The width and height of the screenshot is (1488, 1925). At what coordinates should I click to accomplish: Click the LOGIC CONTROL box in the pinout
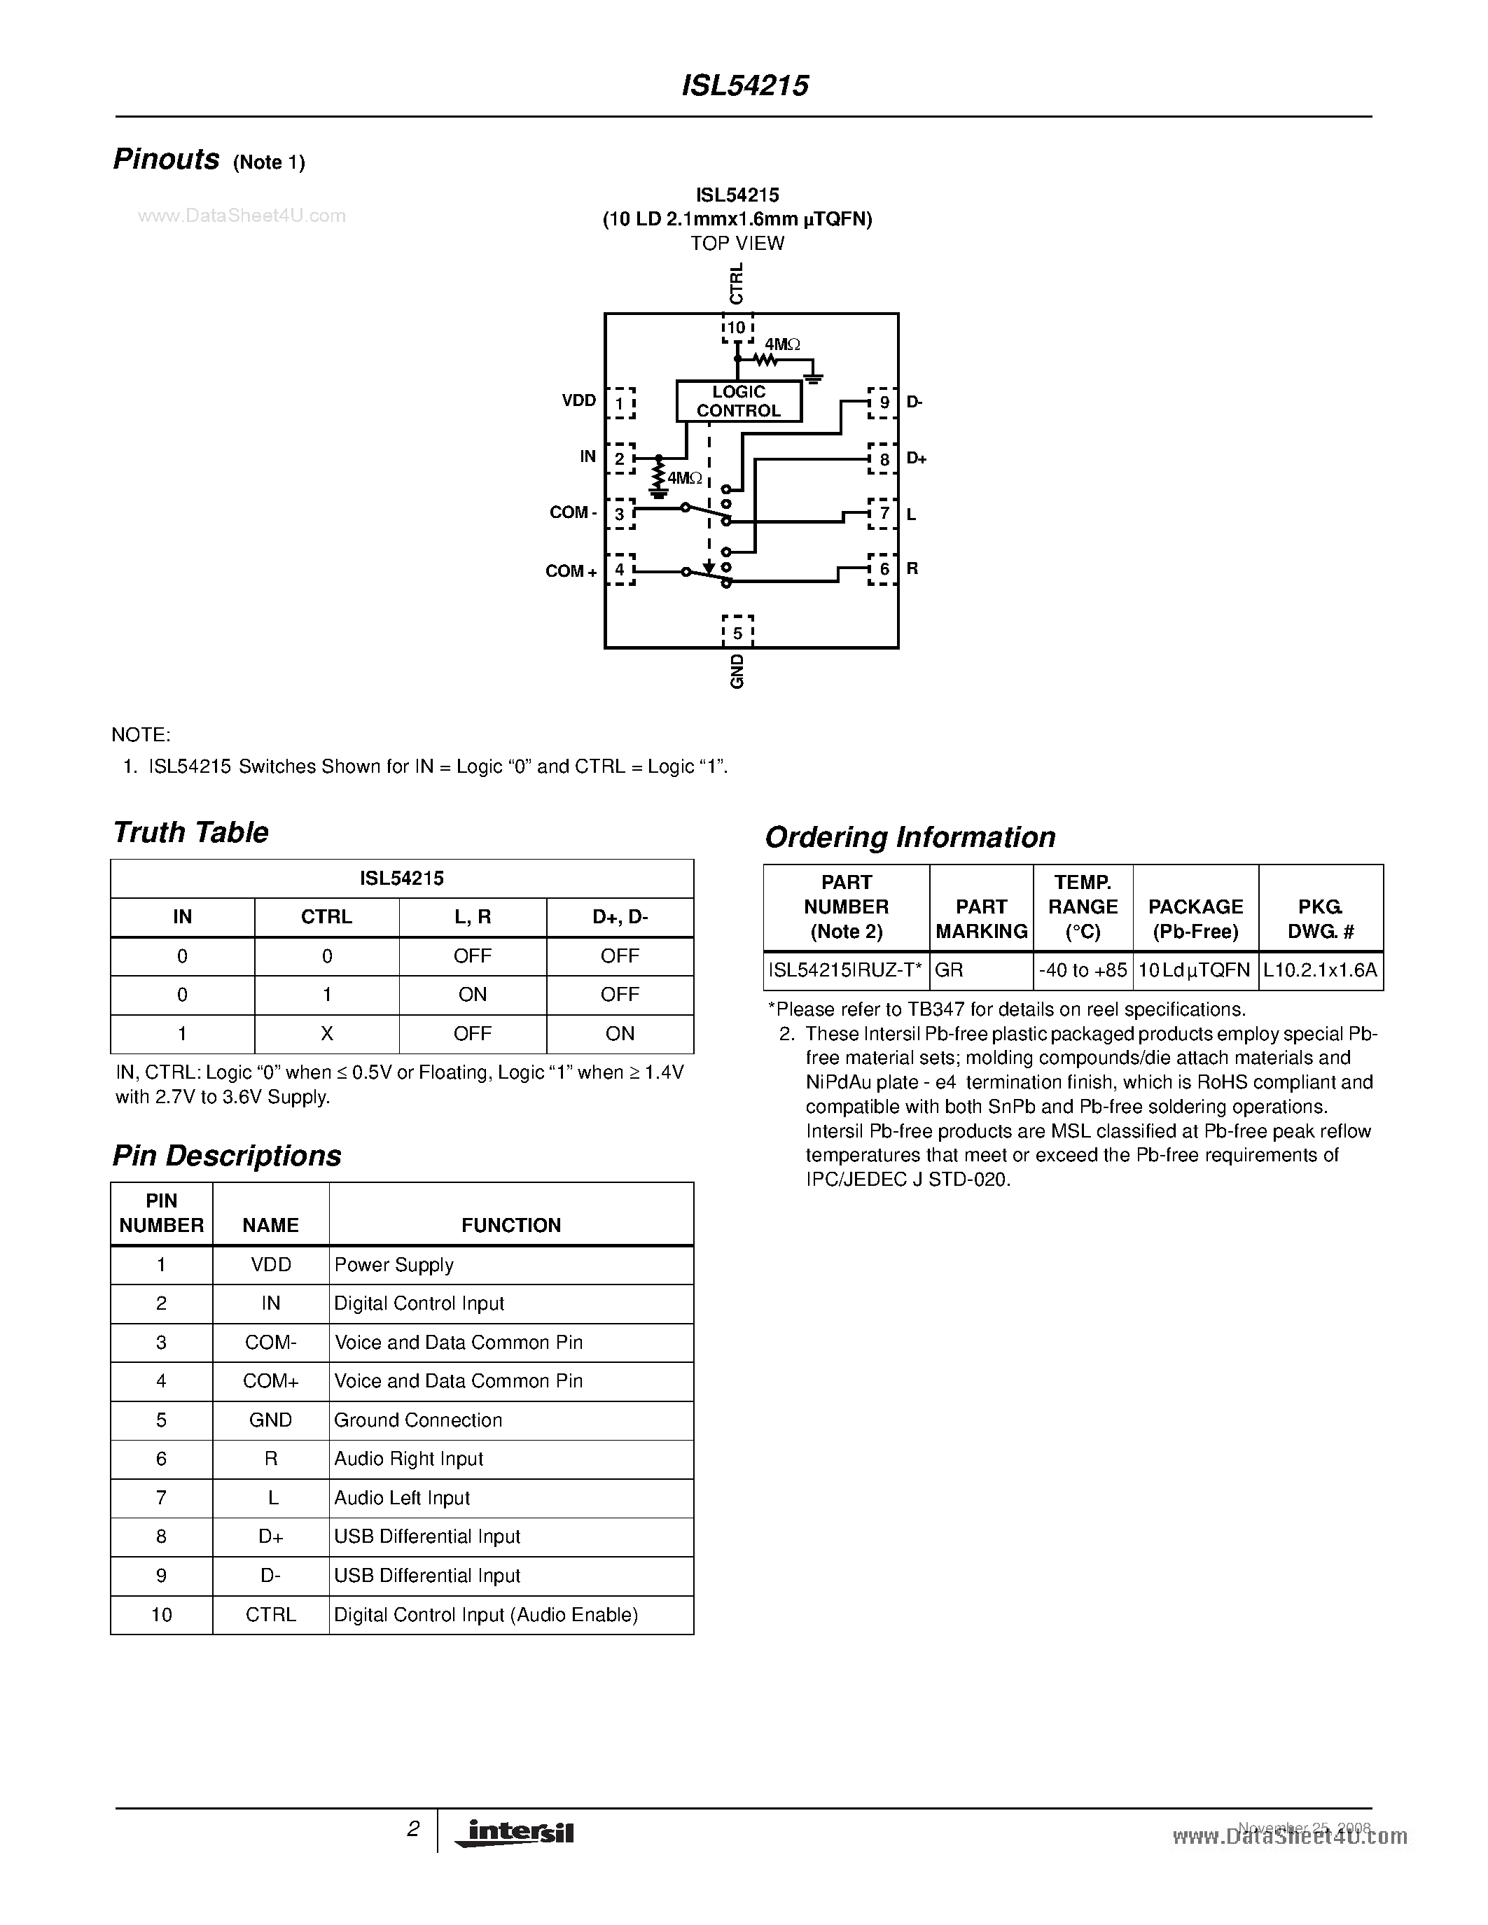click(x=739, y=401)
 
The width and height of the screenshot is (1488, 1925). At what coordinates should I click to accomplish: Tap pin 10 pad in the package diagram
click(x=737, y=328)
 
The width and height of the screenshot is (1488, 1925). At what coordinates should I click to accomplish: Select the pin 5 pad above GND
click(x=738, y=632)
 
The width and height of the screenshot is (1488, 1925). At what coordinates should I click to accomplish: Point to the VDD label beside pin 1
click(x=579, y=401)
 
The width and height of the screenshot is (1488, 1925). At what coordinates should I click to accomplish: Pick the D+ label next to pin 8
click(x=916, y=458)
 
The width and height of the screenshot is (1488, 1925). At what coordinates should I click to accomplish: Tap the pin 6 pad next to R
click(x=883, y=569)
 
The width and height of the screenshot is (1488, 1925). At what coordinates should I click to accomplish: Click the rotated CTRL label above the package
click(x=737, y=283)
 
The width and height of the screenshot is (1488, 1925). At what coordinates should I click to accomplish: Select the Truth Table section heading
click(x=190, y=832)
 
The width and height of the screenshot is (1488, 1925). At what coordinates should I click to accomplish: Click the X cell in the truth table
click(x=326, y=1033)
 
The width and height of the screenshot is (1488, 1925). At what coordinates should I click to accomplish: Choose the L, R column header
click(x=473, y=917)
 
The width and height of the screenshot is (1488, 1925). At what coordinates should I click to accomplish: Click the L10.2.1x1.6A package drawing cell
click(x=1320, y=970)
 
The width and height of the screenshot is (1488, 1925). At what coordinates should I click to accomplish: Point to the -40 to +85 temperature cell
click(x=1083, y=970)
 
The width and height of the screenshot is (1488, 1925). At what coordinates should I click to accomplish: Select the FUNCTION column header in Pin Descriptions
click(x=511, y=1225)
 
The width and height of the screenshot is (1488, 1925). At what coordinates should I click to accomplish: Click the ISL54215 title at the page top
click(x=745, y=85)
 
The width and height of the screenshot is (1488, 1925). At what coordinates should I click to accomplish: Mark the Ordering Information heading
click(x=910, y=837)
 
